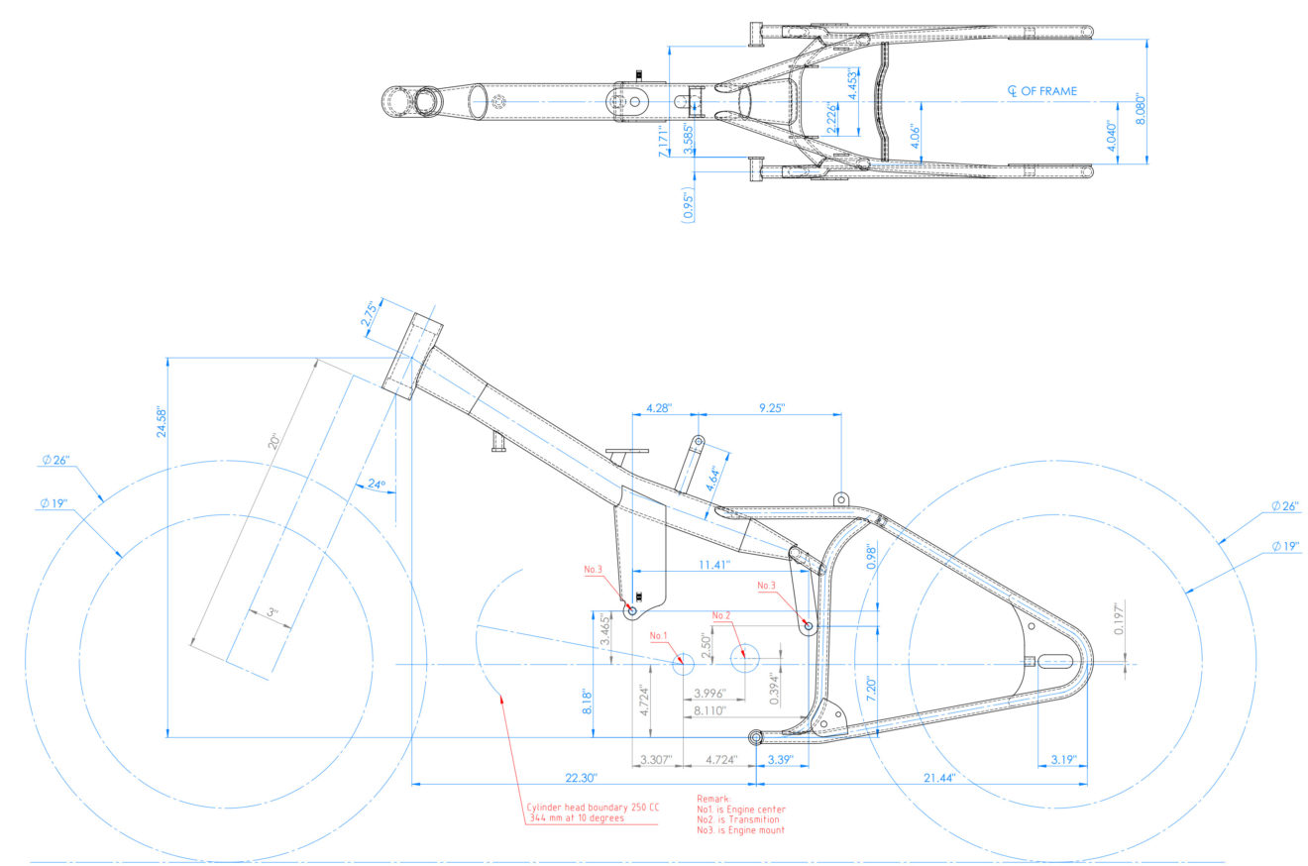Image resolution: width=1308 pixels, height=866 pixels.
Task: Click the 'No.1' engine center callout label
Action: coord(660,635)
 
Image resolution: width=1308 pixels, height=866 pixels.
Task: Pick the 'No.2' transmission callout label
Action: coord(721,615)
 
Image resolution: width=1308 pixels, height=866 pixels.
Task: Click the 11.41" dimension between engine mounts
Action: coord(712,565)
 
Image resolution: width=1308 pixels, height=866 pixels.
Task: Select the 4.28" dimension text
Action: coord(658,407)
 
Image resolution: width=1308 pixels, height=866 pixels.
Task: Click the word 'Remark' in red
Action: coord(713,798)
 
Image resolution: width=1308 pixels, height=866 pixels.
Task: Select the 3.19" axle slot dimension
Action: coord(1059,760)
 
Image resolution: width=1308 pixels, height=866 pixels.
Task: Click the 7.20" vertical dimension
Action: coord(870,676)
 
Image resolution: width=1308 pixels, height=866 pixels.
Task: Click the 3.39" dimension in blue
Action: coord(780,760)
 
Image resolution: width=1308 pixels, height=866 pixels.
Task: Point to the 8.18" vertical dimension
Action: coord(586,704)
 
